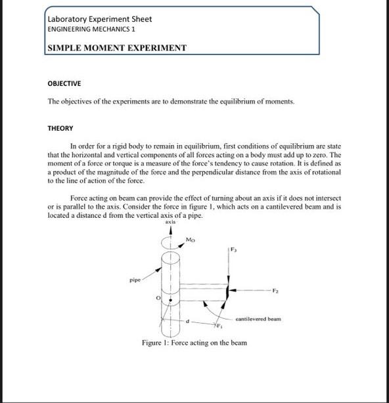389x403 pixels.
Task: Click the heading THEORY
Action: point(60,128)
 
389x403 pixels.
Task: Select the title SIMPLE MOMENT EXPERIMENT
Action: point(117,48)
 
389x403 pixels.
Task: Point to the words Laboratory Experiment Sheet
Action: point(99,19)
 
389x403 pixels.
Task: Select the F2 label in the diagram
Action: point(277,289)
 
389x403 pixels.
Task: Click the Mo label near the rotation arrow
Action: point(191,240)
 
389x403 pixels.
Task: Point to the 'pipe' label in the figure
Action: point(135,279)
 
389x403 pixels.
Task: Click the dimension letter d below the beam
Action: point(188,322)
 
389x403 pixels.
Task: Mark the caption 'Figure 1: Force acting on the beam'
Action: point(194,343)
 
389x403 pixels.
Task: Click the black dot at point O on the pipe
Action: point(172,302)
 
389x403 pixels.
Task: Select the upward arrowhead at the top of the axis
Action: point(172,230)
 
